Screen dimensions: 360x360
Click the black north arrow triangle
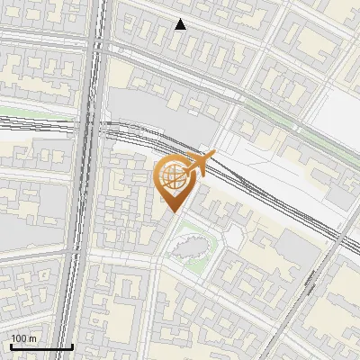[181, 24]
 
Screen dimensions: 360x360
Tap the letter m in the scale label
[32, 339]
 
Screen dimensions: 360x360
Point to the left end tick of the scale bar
[11, 346]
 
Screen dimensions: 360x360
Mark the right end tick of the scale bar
[72, 346]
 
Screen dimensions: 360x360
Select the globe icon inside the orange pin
[171, 177]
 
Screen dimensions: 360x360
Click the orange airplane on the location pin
[199, 164]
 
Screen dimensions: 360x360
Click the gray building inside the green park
[192, 245]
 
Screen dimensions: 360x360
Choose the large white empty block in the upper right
[337, 112]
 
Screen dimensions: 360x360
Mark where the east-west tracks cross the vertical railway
[91, 126]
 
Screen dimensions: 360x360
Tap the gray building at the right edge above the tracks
[342, 193]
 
